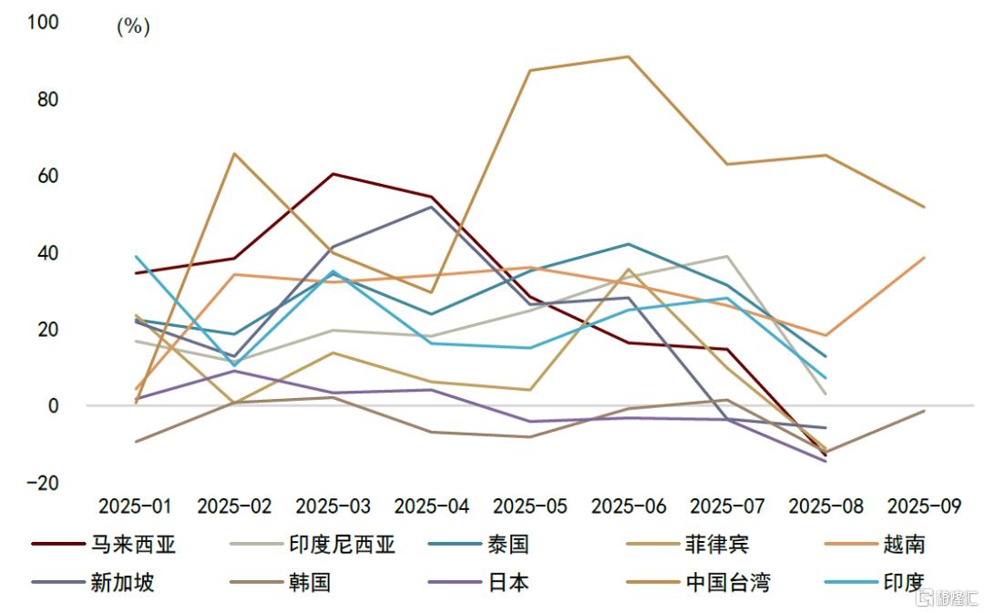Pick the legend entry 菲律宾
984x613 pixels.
pyautogui.click(x=716, y=545)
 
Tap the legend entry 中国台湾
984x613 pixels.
pyautogui.click(x=727, y=582)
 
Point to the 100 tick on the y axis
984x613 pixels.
pyautogui.click(x=43, y=22)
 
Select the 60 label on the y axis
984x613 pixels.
pyautogui.click(x=46, y=175)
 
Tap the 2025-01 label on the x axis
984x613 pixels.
pyautogui.click(x=135, y=506)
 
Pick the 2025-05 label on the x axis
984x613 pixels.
pyautogui.click(x=529, y=506)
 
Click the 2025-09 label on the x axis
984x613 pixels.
pyautogui.click(x=924, y=506)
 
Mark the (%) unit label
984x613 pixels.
pyautogui.click(x=133, y=26)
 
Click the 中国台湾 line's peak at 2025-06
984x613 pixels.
pyautogui.click(x=628, y=56)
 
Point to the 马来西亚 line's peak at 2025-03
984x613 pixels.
pyautogui.click(x=333, y=173)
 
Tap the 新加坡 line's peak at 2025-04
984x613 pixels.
pyautogui.click(x=431, y=207)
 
